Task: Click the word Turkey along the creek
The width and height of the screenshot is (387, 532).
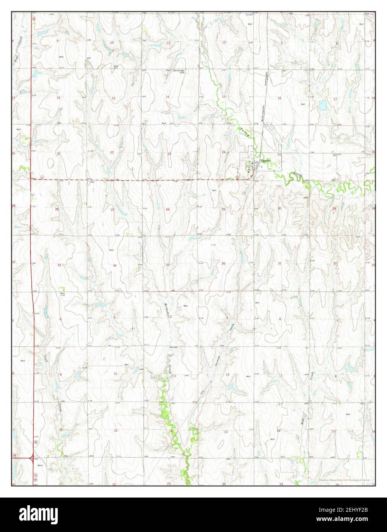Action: pyautogui.click(x=244, y=132)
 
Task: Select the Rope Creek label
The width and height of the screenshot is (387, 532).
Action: pyautogui.click(x=16, y=48)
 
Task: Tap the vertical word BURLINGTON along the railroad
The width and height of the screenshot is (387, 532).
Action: pyautogui.click(x=264, y=113)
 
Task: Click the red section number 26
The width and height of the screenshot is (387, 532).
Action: pyautogui.click(x=167, y=209)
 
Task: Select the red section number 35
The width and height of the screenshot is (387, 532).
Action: pyautogui.click(x=167, y=265)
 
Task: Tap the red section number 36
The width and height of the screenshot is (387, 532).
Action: pyautogui.click(x=223, y=263)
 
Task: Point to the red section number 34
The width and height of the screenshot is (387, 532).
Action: pyautogui.click(x=114, y=265)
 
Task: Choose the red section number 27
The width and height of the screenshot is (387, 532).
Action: pyautogui.click(x=112, y=210)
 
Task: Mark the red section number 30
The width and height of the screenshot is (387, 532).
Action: pyautogui.click(x=280, y=209)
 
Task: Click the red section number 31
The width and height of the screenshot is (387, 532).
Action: pyautogui.click(x=280, y=263)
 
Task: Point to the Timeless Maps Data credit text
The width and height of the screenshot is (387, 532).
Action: pyautogui.click(x=344, y=480)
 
